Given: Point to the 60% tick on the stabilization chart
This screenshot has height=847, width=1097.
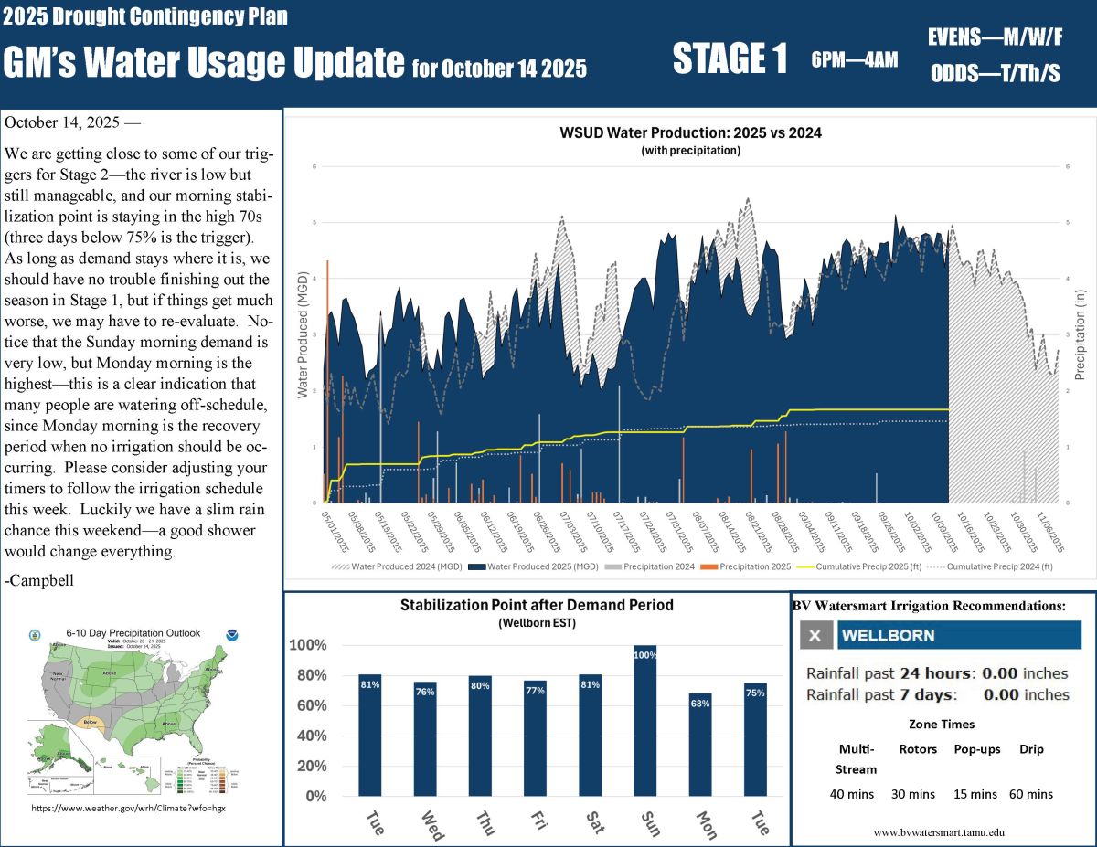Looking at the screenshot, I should pyautogui.click(x=309, y=705).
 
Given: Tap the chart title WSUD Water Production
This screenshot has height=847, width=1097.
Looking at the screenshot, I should pyautogui.click(x=690, y=132).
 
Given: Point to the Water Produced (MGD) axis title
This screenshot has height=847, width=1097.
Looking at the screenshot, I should pyautogui.click(x=301, y=334).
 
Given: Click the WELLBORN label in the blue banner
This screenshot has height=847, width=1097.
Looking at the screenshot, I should pyautogui.click(x=888, y=635).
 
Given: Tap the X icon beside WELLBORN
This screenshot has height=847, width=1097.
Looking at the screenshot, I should pyautogui.click(x=816, y=635).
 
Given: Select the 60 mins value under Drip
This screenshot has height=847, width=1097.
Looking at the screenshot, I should pyautogui.click(x=1031, y=794).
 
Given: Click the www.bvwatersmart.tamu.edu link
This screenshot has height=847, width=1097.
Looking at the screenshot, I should pyautogui.click(x=940, y=832).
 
